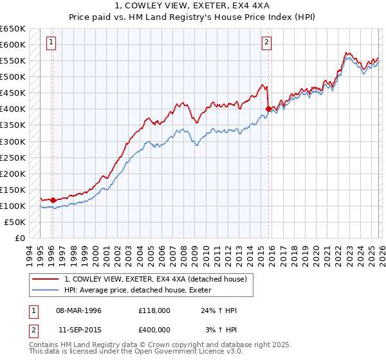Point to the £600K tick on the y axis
point(13,45)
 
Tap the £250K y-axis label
point(13,157)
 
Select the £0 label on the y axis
point(19,238)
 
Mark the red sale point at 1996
point(53,200)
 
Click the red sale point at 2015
point(268,109)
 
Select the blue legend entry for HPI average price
point(142,290)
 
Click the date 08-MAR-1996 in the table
point(78,310)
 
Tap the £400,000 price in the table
point(154,328)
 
